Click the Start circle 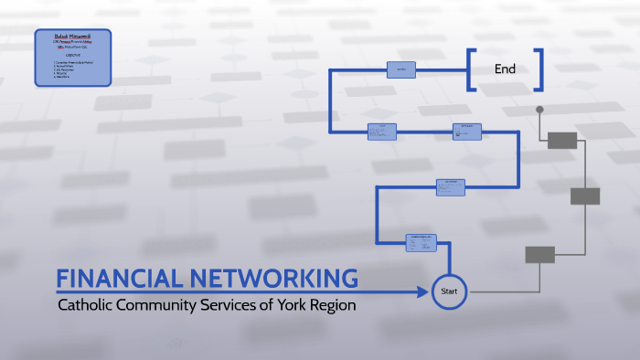449,291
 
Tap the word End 505,69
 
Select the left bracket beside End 471,69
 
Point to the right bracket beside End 539,69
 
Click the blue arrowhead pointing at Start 423,292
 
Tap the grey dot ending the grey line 539,110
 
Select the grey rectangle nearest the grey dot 562,140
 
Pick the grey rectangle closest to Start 539,255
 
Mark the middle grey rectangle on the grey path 585,196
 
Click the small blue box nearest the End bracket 400,69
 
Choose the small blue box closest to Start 421,242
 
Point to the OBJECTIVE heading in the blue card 72,54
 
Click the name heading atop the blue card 73,35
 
